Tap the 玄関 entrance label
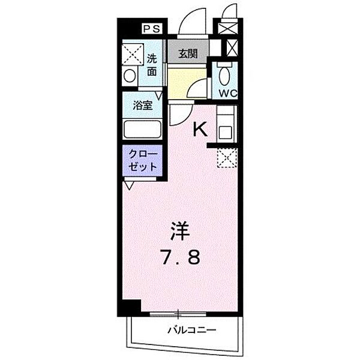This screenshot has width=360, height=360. [x=188, y=54]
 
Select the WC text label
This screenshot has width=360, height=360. [x=225, y=92]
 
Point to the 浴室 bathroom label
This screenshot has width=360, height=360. [x=142, y=104]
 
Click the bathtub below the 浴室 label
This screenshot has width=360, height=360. [x=142, y=130]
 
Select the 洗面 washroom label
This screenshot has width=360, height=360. [x=152, y=64]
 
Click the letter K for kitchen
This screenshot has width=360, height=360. [x=200, y=127]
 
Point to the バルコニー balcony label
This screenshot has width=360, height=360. [x=191, y=330]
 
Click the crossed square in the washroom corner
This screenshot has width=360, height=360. [x=130, y=54]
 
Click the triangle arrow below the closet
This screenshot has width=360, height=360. [x=130, y=184]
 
